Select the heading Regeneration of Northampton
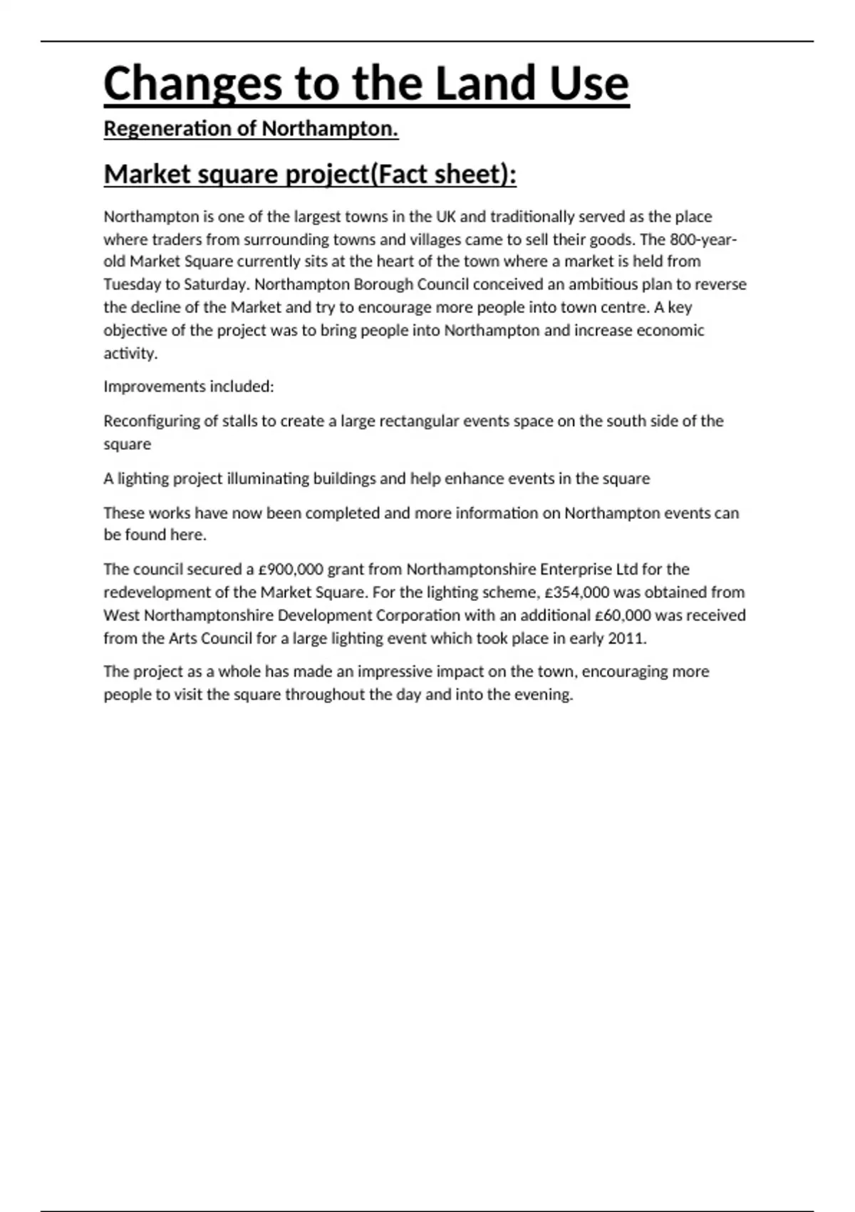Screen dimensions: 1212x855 pyautogui.click(x=251, y=129)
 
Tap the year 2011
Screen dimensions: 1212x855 pyautogui.click(x=626, y=638)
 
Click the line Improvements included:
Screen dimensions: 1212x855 pyautogui.click(x=189, y=386)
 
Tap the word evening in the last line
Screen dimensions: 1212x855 pyautogui.click(x=546, y=694)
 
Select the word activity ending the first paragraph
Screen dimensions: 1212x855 pyautogui.click(x=130, y=354)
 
